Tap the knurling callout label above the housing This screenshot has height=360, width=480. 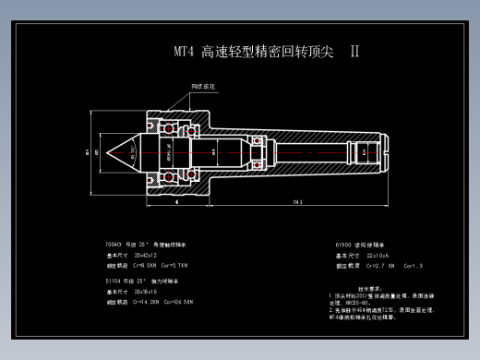point(203,86)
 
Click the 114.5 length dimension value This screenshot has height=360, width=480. point(297,201)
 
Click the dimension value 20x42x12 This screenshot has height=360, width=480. point(147,255)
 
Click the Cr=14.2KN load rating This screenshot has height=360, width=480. point(148,302)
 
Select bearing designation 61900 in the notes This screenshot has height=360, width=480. point(344,245)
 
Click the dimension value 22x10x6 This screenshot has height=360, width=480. point(378,255)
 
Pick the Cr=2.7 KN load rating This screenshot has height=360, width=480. point(380,265)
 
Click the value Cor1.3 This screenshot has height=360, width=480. point(413,265)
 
